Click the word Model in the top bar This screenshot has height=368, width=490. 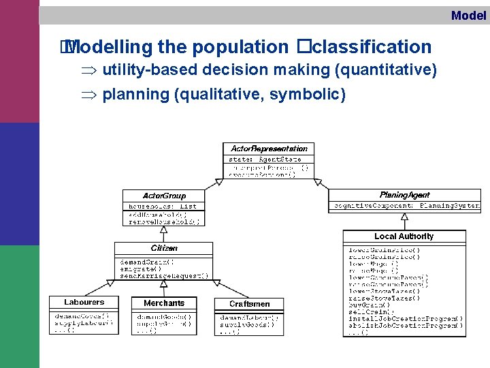point(468,15)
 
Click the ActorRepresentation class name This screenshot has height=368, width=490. point(269,149)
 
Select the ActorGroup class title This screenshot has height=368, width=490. point(164,196)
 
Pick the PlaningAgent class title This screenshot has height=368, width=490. point(404,195)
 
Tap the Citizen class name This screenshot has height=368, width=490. point(164,248)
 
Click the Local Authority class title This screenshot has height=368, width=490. point(404,236)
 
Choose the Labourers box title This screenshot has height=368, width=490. point(84,302)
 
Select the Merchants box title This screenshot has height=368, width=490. point(164,303)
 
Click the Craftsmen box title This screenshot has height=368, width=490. point(249,304)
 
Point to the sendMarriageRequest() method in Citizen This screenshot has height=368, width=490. point(163,276)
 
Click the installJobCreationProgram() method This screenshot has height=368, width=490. point(404,318)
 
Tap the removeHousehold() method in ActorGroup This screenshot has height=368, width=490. point(164,221)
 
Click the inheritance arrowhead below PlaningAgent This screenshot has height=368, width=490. point(404,217)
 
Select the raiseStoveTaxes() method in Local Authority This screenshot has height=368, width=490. point(385,298)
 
